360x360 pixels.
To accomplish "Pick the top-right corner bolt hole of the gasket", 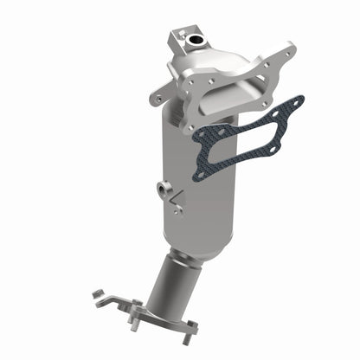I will pyautogui.click(x=297, y=101).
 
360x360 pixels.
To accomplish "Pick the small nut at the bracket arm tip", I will pyautogui.click(x=97, y=295).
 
